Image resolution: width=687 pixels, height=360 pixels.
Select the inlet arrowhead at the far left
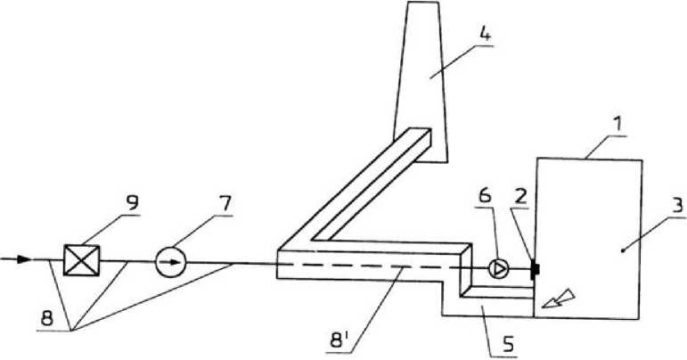click(x=23, y=259)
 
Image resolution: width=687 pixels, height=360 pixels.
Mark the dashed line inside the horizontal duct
click(x=374, y=265)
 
